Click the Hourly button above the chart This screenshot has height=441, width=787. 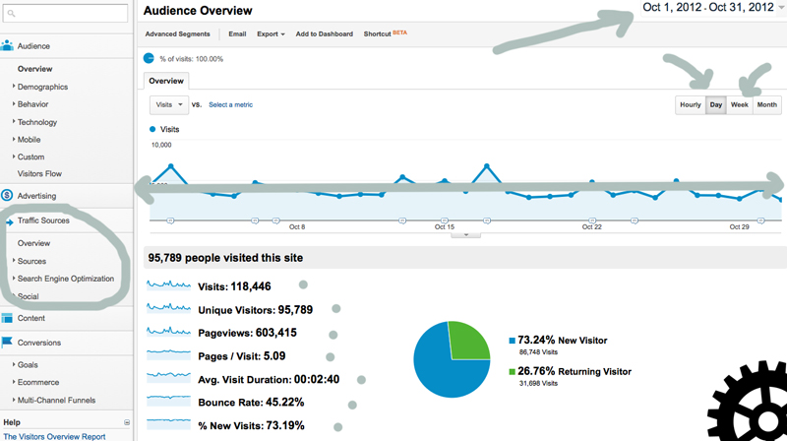pyautogui.click(x=690, y=104)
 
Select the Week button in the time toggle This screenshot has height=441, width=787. pyautogui.click(x=739, y=104)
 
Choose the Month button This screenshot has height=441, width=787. pyautogui.click(x=766, y=104)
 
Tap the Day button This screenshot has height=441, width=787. pyautogui.click(x=715, y=104)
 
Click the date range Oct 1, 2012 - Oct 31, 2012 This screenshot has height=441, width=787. pyautogui.click(x=708, y=9)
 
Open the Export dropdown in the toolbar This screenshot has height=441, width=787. pyautogui.click(x=271, y=33)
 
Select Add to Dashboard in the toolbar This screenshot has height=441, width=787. pyautogui.click(x=324, y=33)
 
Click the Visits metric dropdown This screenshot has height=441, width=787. pyautogui.click(x=168, y=104)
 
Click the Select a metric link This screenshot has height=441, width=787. pyautogui.click(x=230, y=104)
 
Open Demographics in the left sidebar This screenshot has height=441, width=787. pyautogui.click(x=42, y=87)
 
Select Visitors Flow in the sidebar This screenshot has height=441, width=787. pyautogui.click(x=40, y=173)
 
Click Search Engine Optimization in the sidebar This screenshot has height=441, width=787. pyautogui.click(x=65, y=279)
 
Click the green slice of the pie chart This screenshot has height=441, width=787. pyautogui.click(x=468, y=341)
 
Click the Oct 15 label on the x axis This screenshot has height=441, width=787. pyautogui.click(x=445, y=226)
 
